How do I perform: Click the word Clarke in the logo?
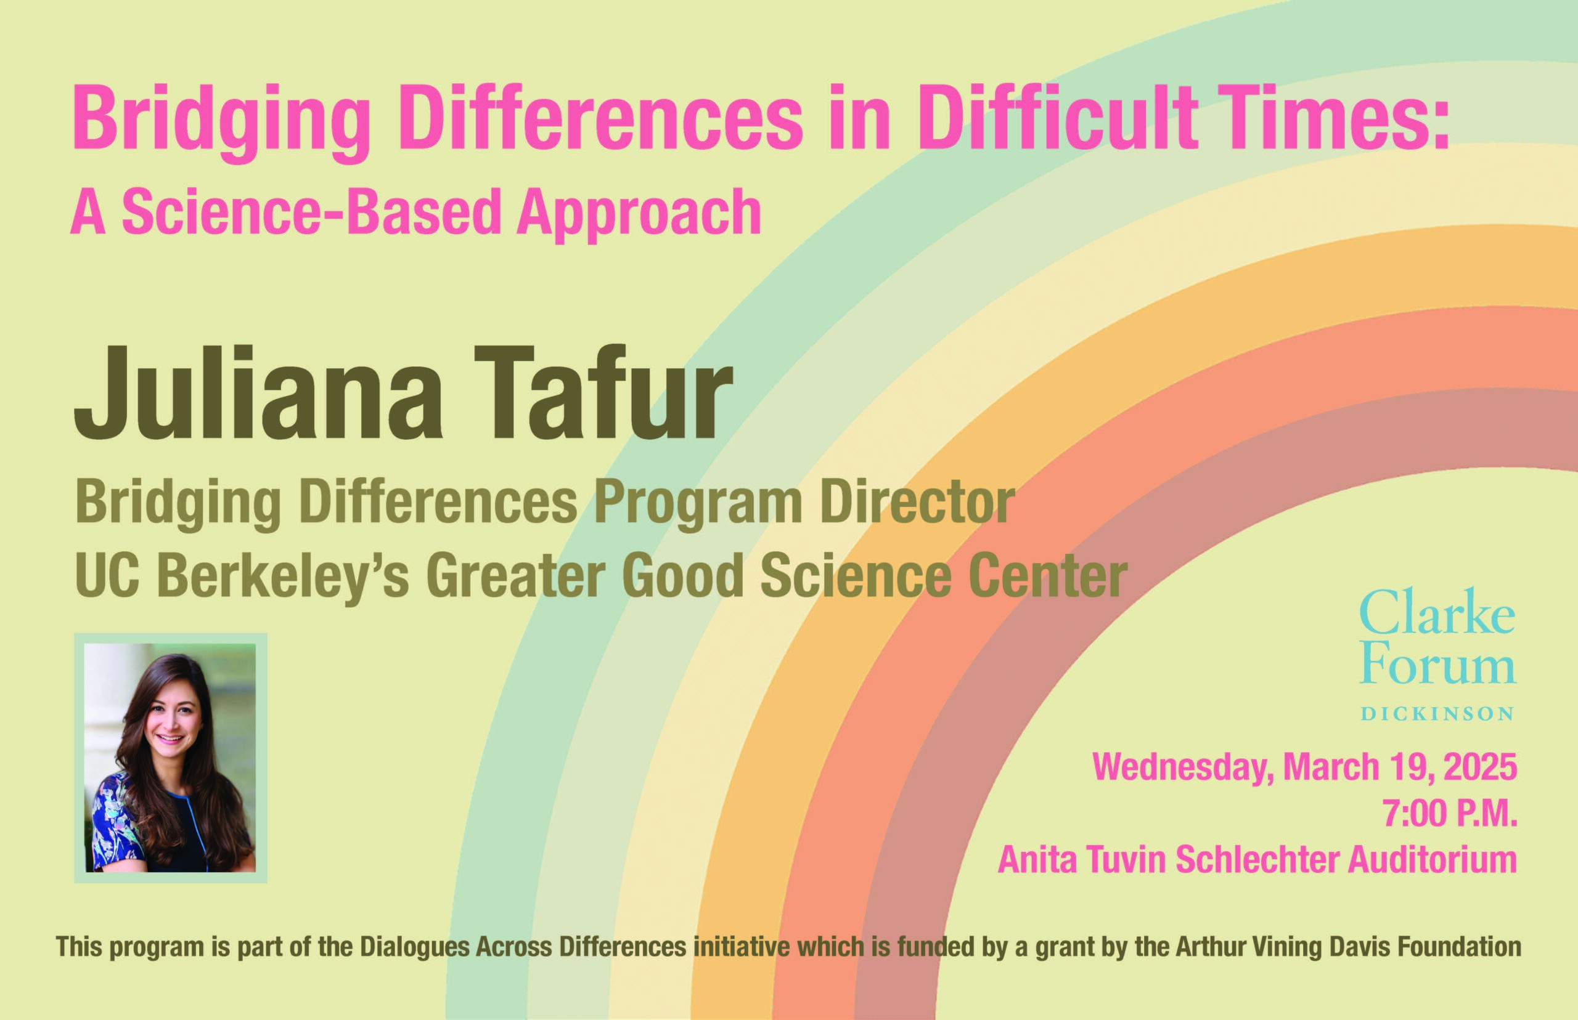tap(1437, 610)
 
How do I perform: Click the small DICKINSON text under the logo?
tap(1437, 713)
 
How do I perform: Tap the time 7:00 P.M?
tap(1450, 813)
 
